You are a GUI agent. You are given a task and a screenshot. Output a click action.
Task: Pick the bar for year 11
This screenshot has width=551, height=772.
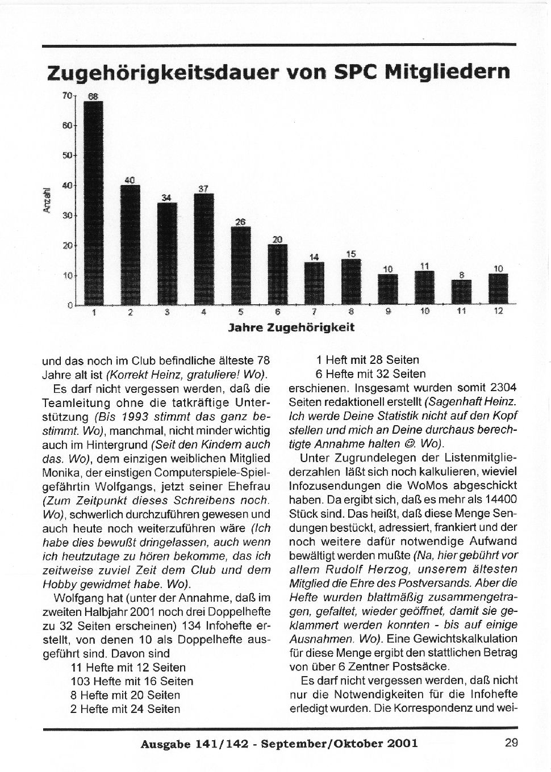(x=461, y=292)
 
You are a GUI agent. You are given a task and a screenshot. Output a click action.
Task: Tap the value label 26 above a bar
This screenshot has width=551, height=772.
(x=240, y=222)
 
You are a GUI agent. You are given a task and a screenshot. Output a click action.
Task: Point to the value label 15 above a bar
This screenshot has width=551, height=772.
(x=351, y=254)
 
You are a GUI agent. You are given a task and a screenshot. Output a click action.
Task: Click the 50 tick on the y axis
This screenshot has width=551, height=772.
(x=66, y=155)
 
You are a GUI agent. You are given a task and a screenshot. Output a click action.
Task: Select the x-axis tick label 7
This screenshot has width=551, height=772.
(x=314, y=312)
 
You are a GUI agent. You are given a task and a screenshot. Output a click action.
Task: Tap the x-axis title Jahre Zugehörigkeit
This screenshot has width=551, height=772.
(x=291, y=328)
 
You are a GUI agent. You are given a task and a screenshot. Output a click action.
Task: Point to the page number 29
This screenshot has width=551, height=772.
(x=511, y=742)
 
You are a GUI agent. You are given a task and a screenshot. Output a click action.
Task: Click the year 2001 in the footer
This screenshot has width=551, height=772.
(x=400, y=743)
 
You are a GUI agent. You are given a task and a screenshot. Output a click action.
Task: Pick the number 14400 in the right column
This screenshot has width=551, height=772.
(x=498, y=499)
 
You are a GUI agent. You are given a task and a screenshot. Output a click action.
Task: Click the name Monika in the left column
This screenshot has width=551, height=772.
(x=59, y=472)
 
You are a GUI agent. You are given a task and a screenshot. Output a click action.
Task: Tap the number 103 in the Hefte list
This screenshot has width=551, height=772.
(x=80, y=681)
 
